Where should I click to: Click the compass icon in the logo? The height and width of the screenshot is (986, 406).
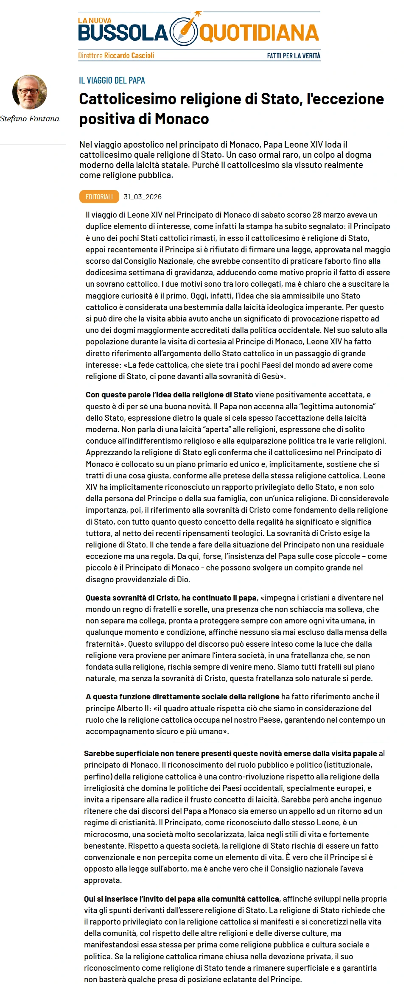[x=184, y=32]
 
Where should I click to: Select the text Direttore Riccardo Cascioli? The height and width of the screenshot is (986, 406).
[x=116, y=56]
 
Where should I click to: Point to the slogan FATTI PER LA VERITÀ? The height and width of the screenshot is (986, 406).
[x=294, y=56]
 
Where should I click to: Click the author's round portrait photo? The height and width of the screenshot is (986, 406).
[x=30, y=92]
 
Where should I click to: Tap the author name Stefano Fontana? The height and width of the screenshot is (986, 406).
[x=30, y=119]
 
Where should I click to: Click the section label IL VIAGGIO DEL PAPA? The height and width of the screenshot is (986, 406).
[x=112, y=81]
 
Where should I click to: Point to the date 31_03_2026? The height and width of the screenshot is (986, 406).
[x=143, y=197]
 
